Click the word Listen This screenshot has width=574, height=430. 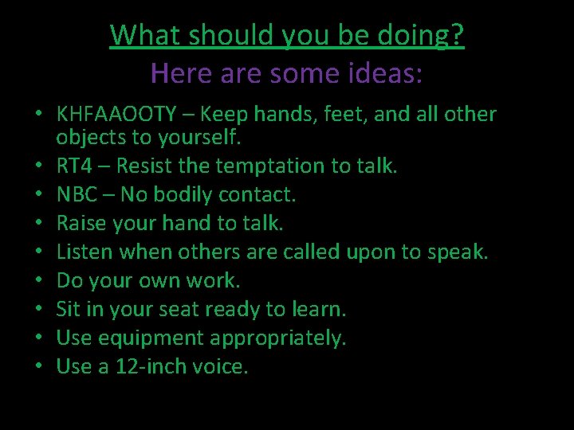pyautogui.click(x=84, y=252)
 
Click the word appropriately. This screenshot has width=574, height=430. pyautogui.click(x=278, y=338)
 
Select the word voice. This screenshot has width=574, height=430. pyautogui.click(x=222, y=367)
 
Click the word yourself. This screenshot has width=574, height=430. pyautogui.click(x=202, y=137)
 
